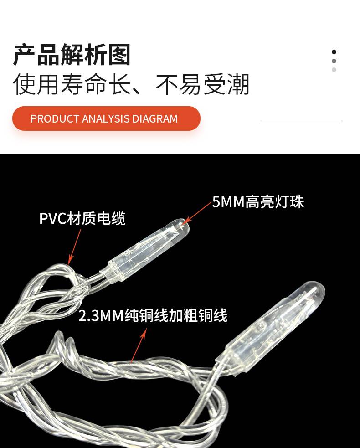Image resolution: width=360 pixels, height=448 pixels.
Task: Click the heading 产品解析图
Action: click(72, 55)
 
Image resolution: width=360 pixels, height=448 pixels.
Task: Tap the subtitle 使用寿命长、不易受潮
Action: click(131, 84)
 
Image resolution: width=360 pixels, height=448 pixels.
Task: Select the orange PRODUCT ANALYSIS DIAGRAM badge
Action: click(106, 118)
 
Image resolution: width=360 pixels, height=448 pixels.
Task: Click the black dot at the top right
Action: click(334, 52)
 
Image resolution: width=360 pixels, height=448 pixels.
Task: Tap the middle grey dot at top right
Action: click(334, 61)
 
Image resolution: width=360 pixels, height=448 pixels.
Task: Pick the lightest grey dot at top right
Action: click(334, 70)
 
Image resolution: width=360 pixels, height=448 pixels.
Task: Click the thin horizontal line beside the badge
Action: click(301, 121)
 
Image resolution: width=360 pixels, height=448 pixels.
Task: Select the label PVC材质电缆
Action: click(82, 219)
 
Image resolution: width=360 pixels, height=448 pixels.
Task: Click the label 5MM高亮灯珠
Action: click(258, 202)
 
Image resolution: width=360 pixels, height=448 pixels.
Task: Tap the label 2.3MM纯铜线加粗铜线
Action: click(153, 316)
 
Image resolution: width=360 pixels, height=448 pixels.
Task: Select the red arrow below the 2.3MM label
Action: click(139, 345)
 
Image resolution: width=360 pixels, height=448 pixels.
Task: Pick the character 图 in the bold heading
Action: click(119, 55)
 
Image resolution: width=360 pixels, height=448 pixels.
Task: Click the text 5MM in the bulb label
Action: click(228, 202)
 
